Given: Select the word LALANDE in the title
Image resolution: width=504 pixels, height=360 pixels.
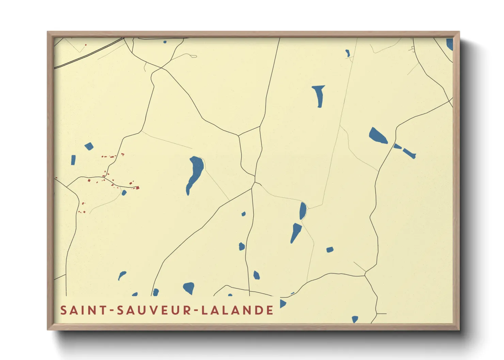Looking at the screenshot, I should click(237, 310).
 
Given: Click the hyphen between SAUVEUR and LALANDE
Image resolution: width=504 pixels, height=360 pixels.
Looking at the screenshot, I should click(196, 311).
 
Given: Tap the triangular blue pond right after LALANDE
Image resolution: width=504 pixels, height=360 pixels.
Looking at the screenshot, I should click(282, 304).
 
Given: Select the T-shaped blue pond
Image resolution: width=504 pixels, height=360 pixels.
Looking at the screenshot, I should click(319, 95).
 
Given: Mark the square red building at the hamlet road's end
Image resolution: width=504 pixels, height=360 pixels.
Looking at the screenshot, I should click(138, 187).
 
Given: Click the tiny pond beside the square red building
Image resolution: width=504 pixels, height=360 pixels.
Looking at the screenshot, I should click(124, 193).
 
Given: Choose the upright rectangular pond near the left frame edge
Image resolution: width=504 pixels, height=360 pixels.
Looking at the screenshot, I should click(73, 160).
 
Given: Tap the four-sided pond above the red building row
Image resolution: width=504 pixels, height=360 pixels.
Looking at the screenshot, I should click(89, 146).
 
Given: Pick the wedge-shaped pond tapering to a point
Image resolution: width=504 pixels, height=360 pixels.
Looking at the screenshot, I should click(296, 232).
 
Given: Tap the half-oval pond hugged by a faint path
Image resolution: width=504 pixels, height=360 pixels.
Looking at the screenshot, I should click(302, 211).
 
